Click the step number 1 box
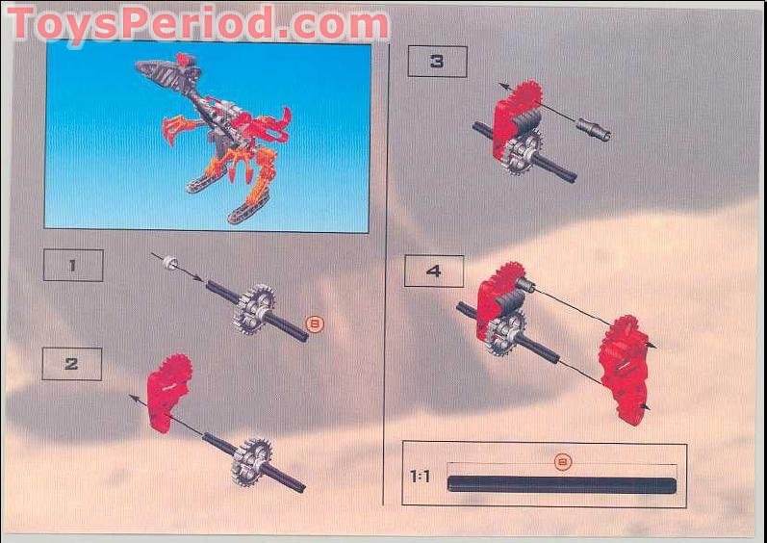click(73, 265)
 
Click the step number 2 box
click(72, 364)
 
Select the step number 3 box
click(437, 62)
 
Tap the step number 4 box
click(433, 271)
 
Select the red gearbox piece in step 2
click(168, 391)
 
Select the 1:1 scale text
click(420, 476)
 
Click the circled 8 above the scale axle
click(563, 461)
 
